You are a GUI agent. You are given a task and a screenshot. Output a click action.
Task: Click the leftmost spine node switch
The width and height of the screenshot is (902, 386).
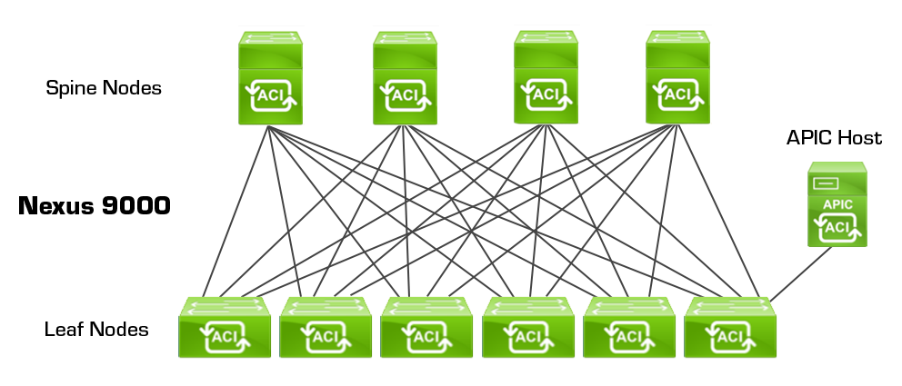[270, 79]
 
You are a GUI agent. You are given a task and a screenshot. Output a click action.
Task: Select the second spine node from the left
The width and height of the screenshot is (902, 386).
[404, 79]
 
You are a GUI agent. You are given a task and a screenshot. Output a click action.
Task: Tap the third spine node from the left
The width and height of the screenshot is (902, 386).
[545, 79]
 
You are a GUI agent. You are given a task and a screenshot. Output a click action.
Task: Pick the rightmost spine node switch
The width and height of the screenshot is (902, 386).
[677, 79]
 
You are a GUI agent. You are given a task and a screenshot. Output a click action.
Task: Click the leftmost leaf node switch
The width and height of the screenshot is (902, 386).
[223, 328]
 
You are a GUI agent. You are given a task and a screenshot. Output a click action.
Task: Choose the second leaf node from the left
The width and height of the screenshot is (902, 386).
[324, 328]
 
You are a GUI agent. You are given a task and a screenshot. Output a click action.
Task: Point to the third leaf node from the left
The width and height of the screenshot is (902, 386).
[426, 328]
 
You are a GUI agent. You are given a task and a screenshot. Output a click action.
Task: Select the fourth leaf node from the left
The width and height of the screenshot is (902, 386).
[526, 328]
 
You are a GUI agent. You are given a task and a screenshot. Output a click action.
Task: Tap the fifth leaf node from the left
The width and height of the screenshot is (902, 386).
[628, 328]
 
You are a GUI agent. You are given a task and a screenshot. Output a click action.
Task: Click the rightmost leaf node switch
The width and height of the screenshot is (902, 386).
[729, 328]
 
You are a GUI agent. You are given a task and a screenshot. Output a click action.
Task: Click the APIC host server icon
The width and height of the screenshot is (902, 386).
[837, 205]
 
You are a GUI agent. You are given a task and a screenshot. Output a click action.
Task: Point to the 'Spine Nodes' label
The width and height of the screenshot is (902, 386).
[104, 88]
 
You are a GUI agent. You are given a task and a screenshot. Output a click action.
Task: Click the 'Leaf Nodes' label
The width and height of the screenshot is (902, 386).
[96, 329]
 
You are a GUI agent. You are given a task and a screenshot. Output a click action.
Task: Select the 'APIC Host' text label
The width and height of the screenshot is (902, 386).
[834, 138]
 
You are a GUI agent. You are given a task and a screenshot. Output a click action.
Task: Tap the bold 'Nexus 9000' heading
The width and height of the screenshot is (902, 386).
[95, 206]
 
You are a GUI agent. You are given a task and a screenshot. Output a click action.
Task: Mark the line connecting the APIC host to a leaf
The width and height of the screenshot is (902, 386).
[800, 272]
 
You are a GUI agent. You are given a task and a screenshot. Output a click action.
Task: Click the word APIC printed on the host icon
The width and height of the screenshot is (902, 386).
[837, 204]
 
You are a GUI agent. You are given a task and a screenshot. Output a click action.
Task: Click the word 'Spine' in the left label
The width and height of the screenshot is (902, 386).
[71, 88]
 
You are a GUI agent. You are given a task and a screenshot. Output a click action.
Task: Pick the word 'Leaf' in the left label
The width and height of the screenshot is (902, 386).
[63, 329]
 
